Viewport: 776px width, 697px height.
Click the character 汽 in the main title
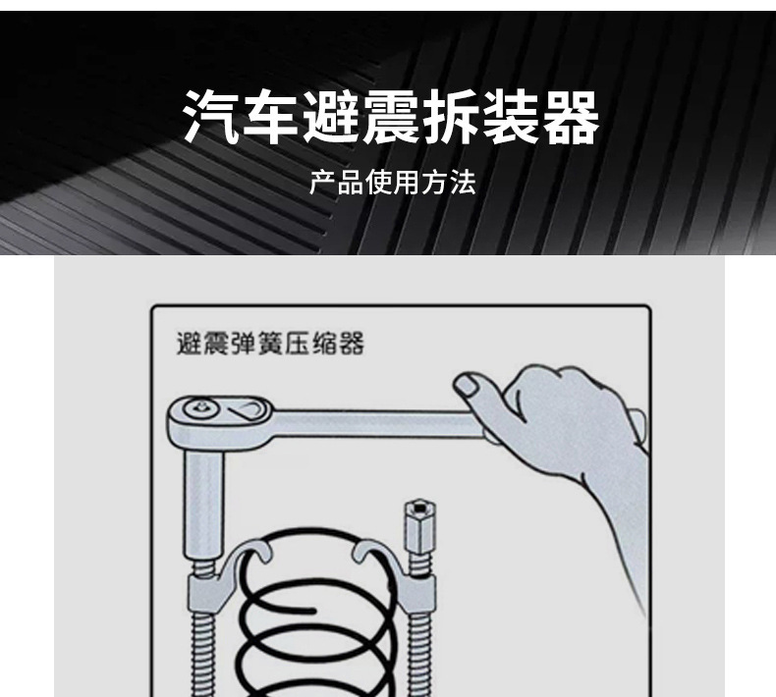[211, 117]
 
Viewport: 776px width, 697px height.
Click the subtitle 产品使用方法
[393, 182]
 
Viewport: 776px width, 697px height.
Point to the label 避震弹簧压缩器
[270, 343]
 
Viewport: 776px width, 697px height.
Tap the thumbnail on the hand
[466, 384]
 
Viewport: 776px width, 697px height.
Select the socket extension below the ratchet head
[204, 505]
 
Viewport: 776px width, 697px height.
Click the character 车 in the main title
[271, 117]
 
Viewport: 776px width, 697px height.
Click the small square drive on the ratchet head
[202, 407]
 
